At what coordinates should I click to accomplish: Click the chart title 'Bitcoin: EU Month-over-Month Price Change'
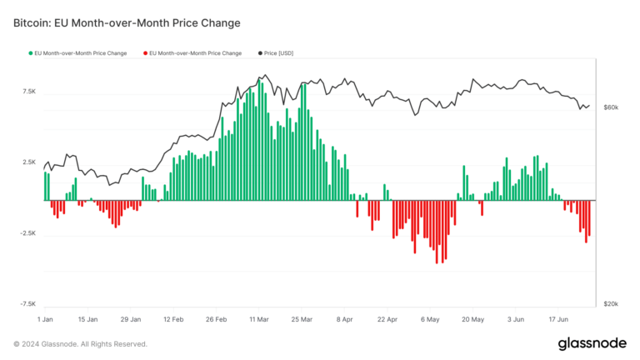(127, 22)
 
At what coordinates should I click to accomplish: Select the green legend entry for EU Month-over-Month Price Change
(78, 53)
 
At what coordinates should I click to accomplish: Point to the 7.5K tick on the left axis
(28, 92)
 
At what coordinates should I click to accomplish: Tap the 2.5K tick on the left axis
(28, 162)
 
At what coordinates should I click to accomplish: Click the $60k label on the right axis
(610, 107)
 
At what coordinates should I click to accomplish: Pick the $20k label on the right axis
(610, 304)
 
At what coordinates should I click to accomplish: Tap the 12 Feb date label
(173, 319)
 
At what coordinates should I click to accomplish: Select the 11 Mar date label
(257, 319)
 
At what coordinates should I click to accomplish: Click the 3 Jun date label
(515, 319)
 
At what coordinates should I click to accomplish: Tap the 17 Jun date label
(557, 319)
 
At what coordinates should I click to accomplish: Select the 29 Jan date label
(131, 319)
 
